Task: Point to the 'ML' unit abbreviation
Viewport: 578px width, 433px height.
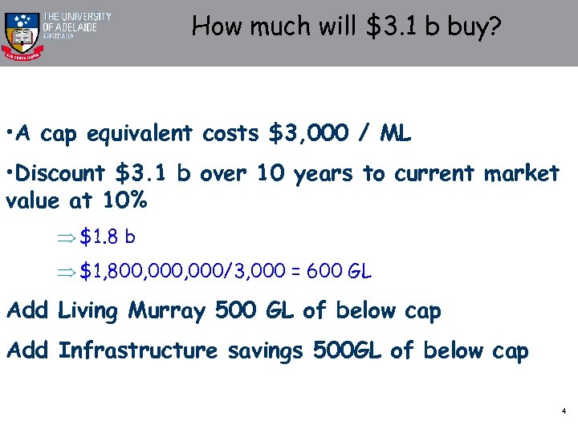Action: [x=395, y=133]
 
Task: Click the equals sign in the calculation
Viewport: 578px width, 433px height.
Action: [x=295, y=272]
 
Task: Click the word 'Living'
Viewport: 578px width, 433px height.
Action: [x=89, y=310]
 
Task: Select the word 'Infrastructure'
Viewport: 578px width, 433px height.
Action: [x=139, y=350]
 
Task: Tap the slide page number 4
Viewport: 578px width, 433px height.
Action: [x=564, y=411]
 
